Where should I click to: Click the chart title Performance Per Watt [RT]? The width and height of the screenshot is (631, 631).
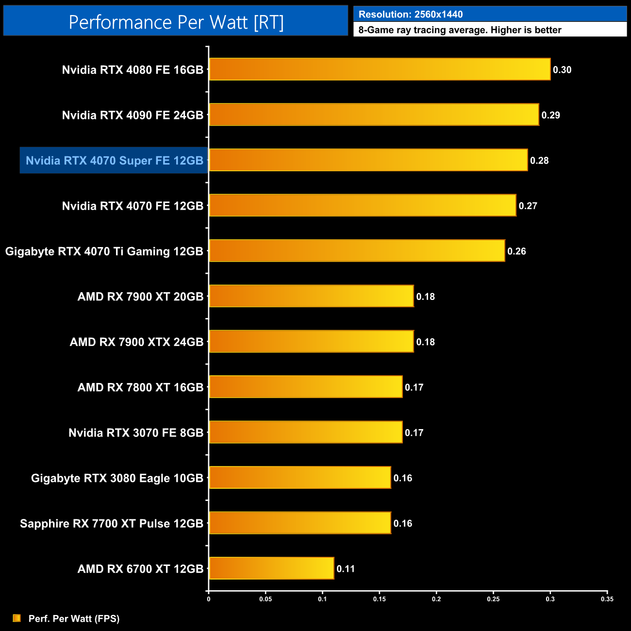tap(176, 22)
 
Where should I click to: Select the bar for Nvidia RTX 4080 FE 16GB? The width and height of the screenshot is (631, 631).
tap(380, 69)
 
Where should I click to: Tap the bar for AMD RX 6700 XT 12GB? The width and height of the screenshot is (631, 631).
tap(271, 568)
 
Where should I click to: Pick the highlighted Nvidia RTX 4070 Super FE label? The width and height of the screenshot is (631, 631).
tap(114, 161)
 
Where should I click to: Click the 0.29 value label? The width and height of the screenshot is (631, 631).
tap(550, 115)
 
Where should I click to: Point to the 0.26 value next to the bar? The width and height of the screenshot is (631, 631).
tap(516, 251)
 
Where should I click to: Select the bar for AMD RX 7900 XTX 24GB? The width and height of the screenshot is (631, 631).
tap(311, 342)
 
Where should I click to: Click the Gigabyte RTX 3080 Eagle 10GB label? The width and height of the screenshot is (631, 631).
tap(117, 478)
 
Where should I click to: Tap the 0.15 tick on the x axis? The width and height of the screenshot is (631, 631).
tap(380, 599)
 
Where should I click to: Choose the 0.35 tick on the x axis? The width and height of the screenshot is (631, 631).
tap(607, 599)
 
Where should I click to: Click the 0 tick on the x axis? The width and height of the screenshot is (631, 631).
tap(209, 599)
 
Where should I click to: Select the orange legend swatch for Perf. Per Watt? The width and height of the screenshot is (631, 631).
tap(17, 618)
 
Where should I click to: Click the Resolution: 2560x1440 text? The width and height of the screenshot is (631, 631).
tap(411, 15)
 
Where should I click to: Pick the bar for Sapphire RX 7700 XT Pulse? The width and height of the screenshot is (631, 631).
tap(300, 523)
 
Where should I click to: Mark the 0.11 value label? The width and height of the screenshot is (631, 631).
tap(346, 569)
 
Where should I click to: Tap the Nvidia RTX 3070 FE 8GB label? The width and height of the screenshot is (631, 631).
tap(136, 433)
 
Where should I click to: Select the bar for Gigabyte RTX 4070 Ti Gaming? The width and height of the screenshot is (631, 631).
tap(357, 251)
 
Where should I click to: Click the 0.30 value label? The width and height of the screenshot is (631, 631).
tap(562, 70)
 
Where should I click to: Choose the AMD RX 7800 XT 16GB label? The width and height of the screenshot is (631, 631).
tap(140, 387)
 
